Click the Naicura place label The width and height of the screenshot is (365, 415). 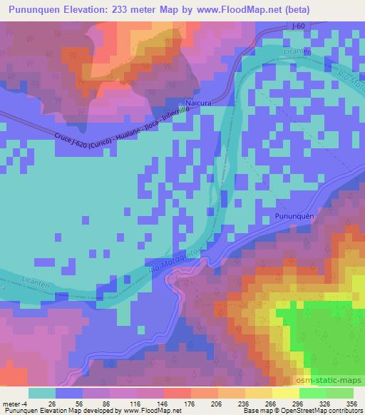pos(198,103)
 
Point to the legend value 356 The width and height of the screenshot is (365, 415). pos(350,402)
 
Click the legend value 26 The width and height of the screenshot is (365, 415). pos(51,402)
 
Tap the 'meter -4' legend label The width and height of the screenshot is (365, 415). pos(14,402)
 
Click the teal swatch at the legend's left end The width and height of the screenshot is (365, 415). pos(42,393)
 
